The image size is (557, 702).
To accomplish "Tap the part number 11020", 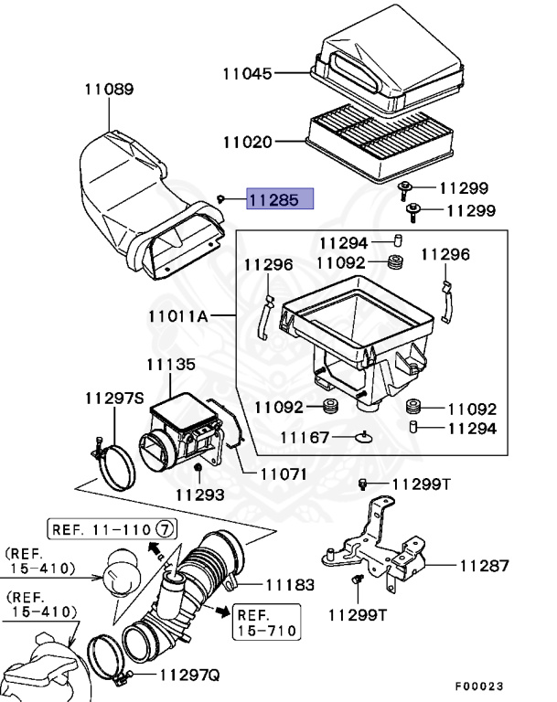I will point(248,142).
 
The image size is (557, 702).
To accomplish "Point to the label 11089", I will point(109,90).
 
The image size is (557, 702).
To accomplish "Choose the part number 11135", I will point(170,364).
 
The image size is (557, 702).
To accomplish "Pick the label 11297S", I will point(115,399).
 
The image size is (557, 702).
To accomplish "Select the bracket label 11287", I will point(484,566).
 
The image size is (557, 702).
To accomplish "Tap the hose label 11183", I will point(290,584).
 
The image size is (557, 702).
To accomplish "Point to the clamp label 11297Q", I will point(190,675).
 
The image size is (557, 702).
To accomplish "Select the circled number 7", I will point(164,528).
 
